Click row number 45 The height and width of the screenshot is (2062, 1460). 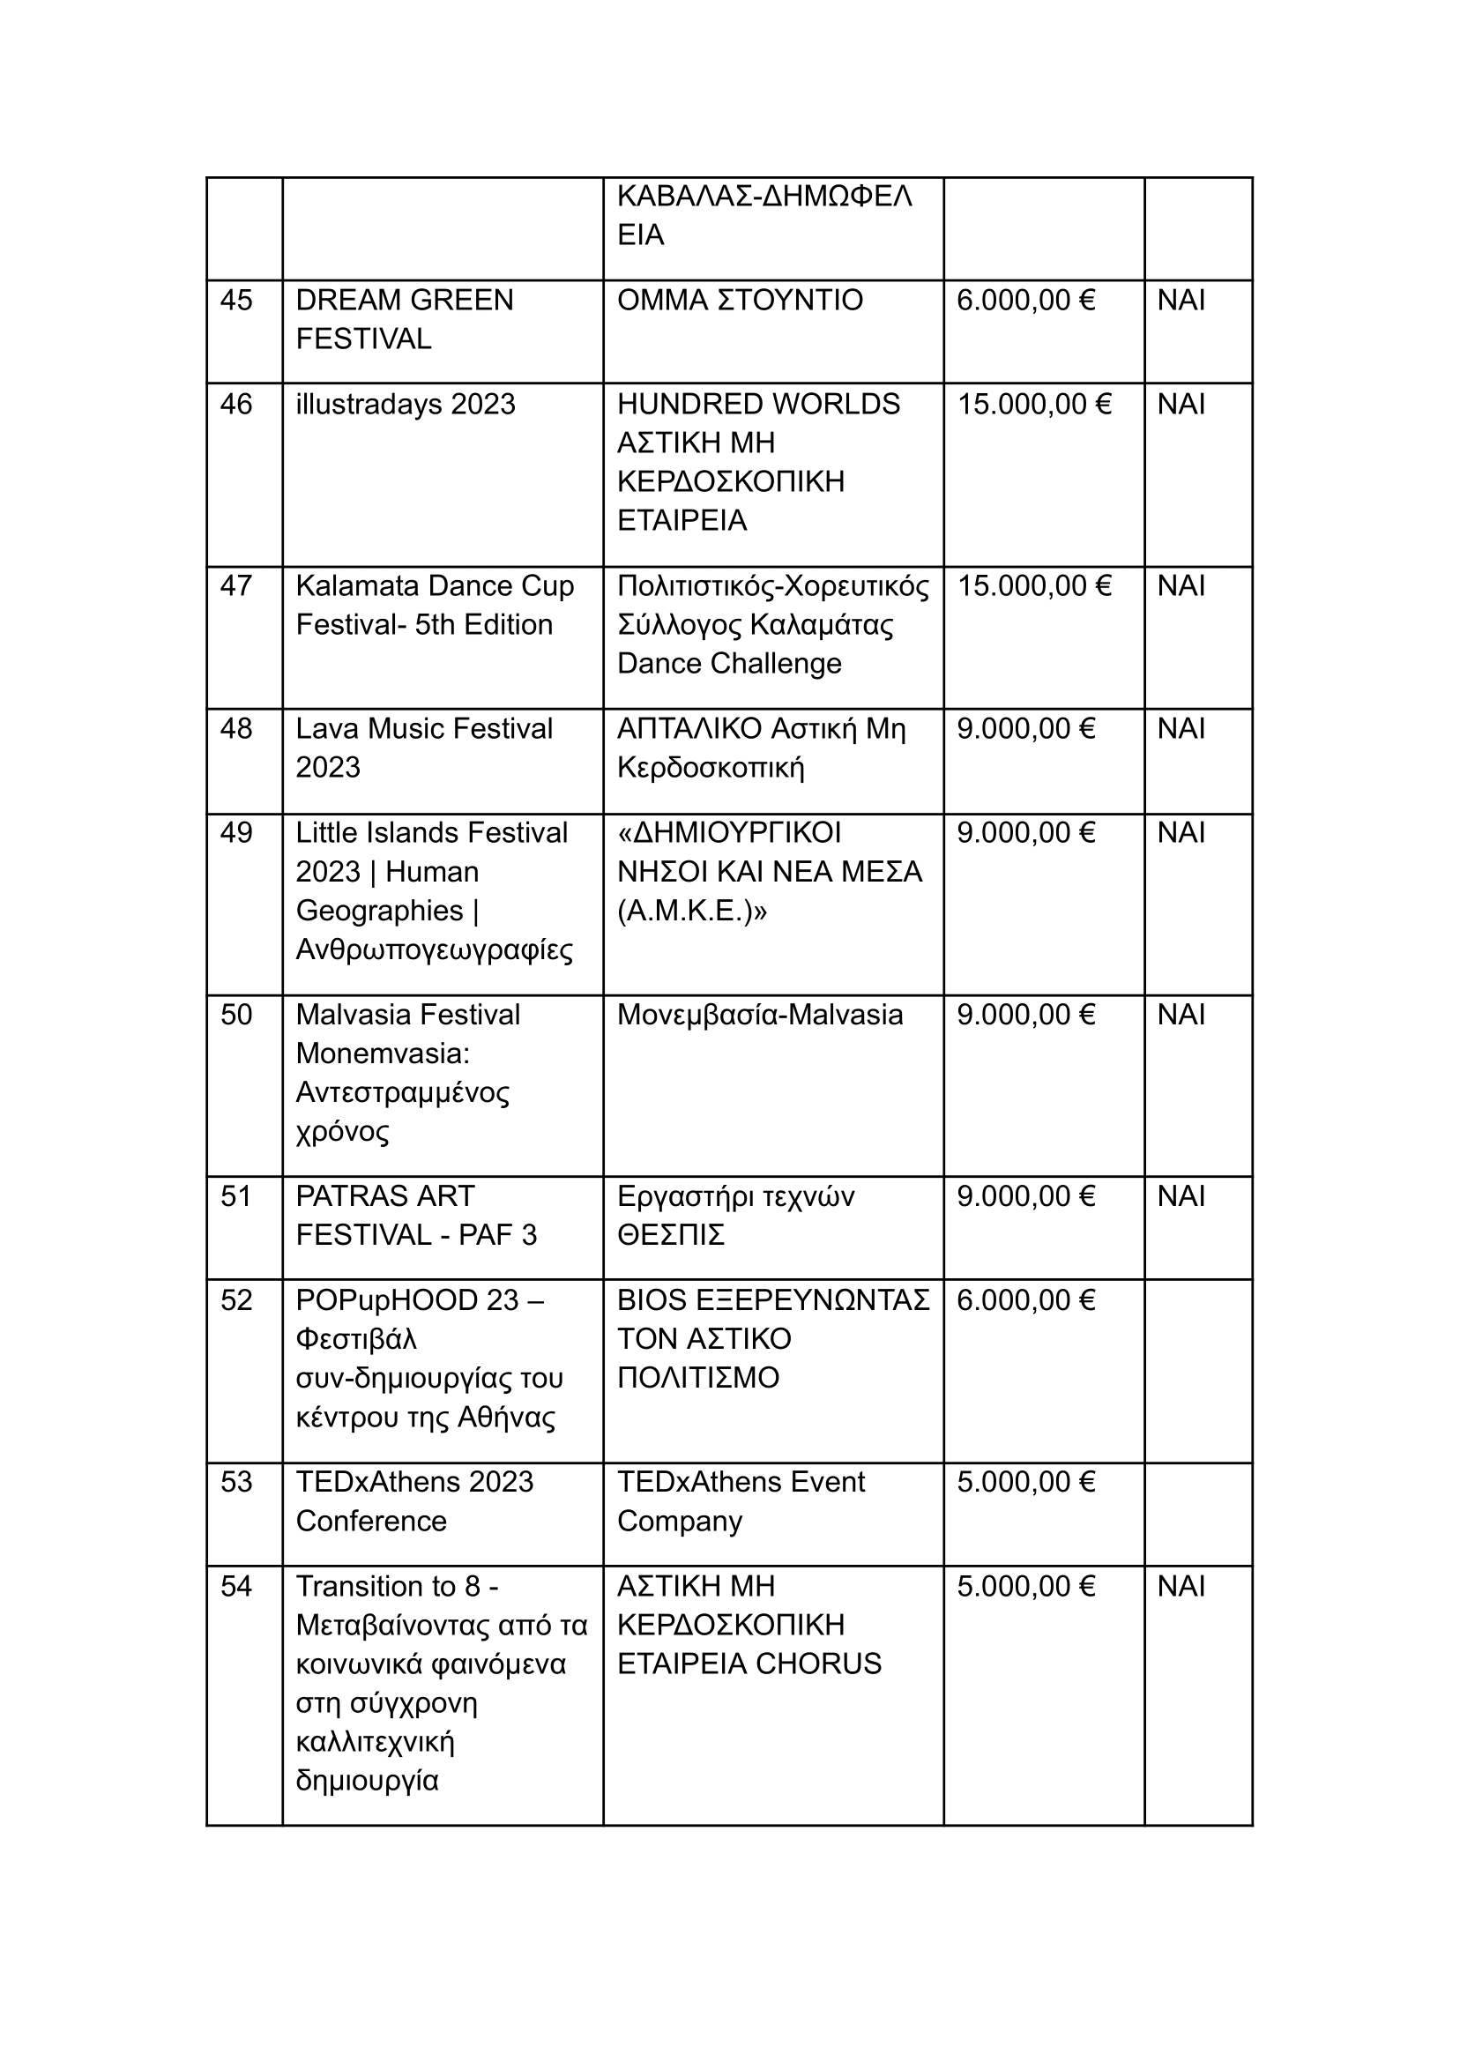click(235, 301)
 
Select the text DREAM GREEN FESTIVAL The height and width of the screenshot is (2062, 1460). click(404, 319)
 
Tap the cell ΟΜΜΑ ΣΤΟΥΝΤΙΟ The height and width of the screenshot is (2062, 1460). click(739, 301)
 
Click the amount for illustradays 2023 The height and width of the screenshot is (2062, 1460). click(1034, 405)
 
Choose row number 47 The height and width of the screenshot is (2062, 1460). click(235, 586)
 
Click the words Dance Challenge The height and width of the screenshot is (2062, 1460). click(728, 663)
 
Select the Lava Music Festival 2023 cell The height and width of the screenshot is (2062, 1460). click(423, 748)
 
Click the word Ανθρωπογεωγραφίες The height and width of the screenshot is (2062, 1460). click(435, 949)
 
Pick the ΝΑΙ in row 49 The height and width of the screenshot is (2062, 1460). click(1181, 833)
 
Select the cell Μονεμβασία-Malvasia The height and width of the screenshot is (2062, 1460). click(760, 1015)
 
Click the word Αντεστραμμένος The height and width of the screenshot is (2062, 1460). click(402, 1092)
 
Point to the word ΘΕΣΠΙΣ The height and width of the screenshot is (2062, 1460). click(670, 1235)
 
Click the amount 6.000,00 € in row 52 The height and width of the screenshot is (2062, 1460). click(1025, 1300)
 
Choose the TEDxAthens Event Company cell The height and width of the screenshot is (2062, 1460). click(740, 1501)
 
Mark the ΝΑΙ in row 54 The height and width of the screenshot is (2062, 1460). click(1181, 1587)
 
